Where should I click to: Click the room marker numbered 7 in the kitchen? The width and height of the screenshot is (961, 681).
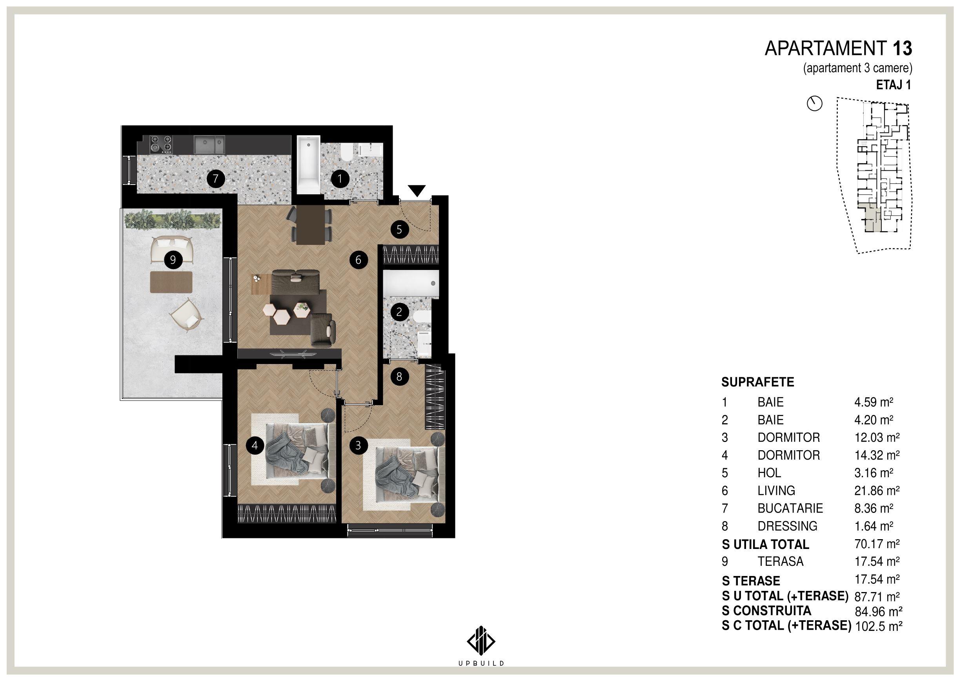216,179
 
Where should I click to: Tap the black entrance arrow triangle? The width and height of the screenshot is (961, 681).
417,191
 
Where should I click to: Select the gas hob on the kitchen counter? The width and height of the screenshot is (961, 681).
161,143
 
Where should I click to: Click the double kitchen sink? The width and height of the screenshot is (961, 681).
209,145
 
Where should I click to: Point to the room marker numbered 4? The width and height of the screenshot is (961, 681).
255,446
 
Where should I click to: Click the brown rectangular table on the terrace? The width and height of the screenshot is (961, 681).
171,282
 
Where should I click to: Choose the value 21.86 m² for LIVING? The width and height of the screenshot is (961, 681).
877,490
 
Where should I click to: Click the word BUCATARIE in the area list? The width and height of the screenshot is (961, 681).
790,508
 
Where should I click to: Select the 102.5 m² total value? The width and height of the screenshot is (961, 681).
879,626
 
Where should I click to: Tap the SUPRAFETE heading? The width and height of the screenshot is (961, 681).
757,382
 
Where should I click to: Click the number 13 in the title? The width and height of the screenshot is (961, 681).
902,49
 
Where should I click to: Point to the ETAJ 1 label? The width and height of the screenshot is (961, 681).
894,85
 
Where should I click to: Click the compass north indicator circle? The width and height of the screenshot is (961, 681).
815,103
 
